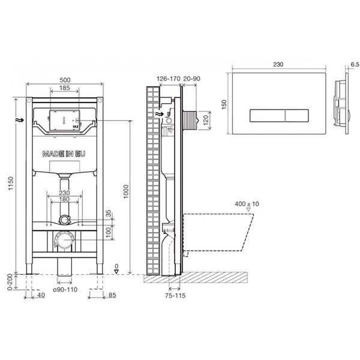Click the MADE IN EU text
tap(64, 154)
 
